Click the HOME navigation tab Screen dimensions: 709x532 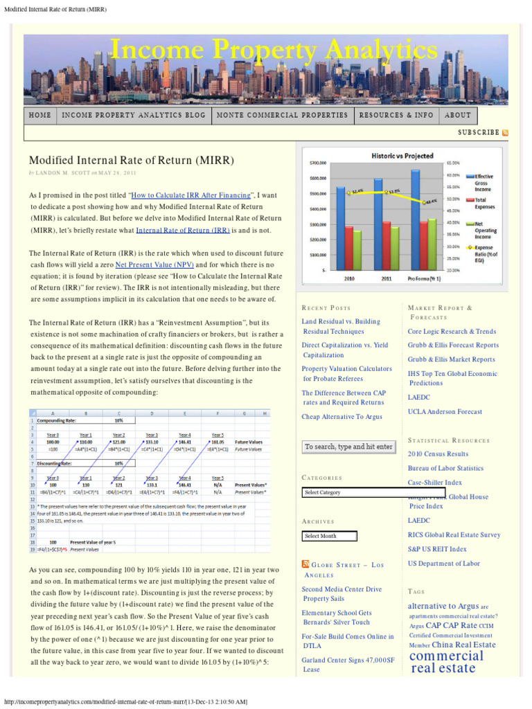(x=40, y=115)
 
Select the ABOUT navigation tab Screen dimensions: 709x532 (x=458, y=115)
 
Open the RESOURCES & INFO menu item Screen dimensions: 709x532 (x=396, y=115)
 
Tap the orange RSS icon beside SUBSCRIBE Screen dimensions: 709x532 (x=505, y=132)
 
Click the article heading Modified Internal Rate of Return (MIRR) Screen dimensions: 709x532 (x=131, y=161)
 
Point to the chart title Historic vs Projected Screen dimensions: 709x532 (x=402, y=156)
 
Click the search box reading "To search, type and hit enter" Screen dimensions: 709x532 (x=348, y=447)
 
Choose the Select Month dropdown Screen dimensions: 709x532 (x=330, y=536)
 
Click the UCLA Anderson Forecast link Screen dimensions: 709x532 (x=445, y=412)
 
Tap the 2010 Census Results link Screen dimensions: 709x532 (x=438, y=454)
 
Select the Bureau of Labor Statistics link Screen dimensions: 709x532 (x=445, y=469)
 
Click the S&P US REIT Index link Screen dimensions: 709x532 (x=437, y=549)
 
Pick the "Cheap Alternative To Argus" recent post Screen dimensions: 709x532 (x=342, y=417)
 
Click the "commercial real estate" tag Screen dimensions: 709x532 (x=446, y=661)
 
